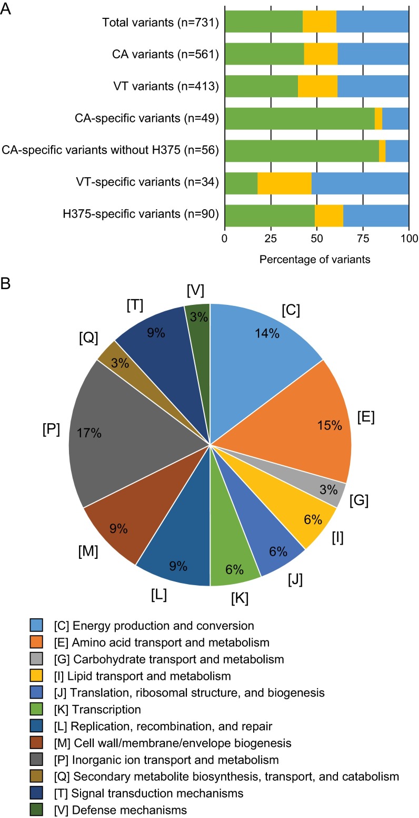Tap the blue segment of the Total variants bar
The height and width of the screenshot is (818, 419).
[373, 22]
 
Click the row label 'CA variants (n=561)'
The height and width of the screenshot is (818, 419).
[162, 54]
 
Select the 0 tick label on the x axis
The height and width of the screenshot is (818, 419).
[225, 238]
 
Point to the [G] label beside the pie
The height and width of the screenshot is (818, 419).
[358, 500]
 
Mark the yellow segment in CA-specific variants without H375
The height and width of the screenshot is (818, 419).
[382, 151]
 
